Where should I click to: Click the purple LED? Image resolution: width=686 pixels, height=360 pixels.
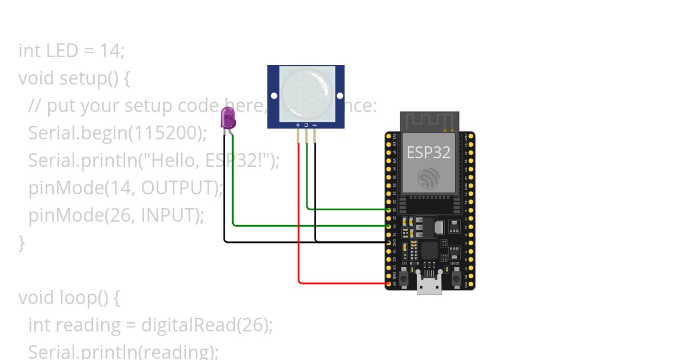[228, 117]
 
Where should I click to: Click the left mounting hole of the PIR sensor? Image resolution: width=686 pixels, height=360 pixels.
[274, 95]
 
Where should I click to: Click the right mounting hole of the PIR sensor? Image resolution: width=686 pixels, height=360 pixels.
[340, 95]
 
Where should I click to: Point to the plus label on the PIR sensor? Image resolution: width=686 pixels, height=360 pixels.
[298, 125]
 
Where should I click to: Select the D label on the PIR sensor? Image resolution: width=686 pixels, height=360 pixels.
[306, 125]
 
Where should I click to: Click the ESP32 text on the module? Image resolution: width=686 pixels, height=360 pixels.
[428, 153]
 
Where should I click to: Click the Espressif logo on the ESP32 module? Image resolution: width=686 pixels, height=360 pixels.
[429, 178]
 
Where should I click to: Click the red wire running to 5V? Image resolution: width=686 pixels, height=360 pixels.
[299, 229]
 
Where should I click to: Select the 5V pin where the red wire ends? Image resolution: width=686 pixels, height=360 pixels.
[389, 283]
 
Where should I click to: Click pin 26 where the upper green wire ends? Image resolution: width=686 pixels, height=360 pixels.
[389, 210]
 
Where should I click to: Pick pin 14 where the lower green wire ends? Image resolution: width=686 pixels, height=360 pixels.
[389, 226]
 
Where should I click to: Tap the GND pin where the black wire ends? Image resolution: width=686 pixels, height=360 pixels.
[389, 242]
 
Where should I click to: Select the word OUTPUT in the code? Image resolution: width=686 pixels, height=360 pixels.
[178, 187]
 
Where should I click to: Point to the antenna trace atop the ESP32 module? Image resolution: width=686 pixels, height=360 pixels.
[429, 121]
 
